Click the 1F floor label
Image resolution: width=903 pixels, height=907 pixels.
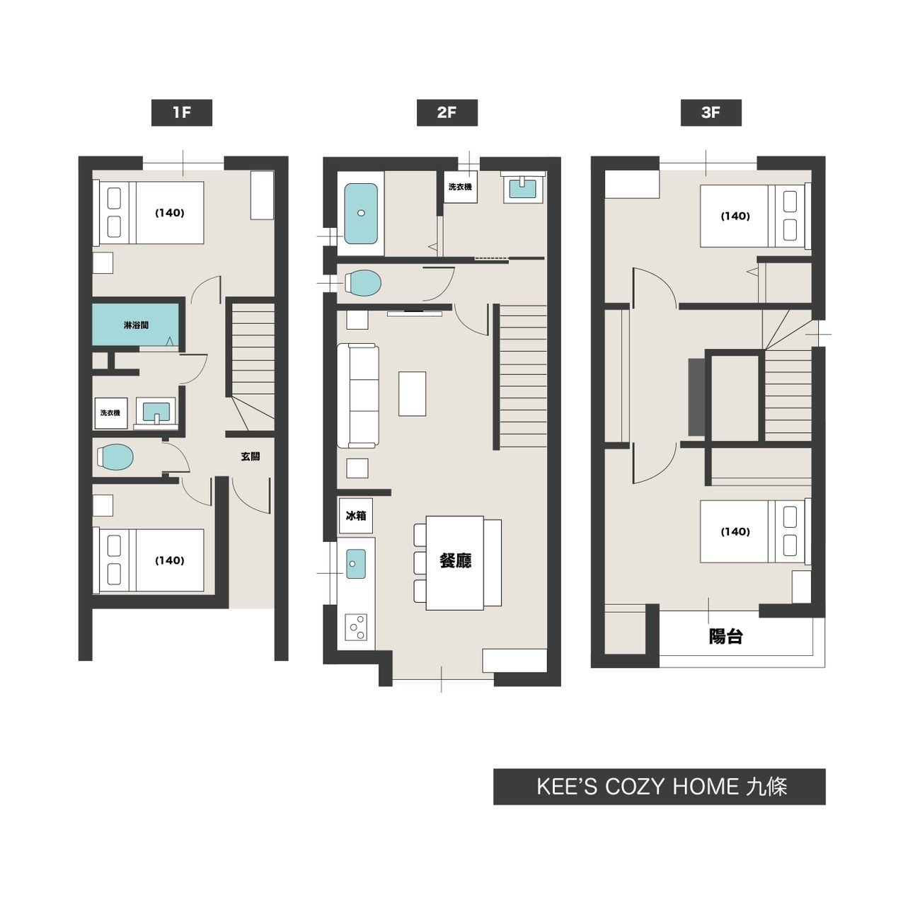(181, 112)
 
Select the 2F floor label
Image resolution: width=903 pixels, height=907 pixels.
(447, 112)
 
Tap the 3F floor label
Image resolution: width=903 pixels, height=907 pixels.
(711, 112)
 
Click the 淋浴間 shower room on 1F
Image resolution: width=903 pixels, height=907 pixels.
(136, 325)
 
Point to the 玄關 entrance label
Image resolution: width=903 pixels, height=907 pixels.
(250, 456)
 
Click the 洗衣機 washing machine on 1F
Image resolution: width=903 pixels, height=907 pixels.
(110, 412)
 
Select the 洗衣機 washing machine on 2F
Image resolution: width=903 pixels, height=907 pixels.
(460, 187)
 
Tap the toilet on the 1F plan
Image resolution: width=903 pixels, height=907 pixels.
(115, 458)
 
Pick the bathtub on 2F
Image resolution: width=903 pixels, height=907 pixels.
(361, 213)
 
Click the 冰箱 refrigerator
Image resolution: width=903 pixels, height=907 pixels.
(356, 515)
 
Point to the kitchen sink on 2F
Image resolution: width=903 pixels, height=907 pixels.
(356, 563)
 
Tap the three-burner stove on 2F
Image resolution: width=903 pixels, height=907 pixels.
(356, 627)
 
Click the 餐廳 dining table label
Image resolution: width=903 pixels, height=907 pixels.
(455, 560)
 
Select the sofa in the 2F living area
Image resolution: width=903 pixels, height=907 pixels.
(358, 395)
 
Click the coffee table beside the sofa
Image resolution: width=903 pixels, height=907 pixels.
(413, 394)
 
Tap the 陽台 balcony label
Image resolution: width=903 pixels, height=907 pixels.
(725, 636)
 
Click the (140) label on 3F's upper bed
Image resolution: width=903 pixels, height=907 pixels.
(735, 216)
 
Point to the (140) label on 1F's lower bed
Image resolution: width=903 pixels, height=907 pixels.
(169, 560)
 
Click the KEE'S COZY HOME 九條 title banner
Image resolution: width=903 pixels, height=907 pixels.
(660, 787)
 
